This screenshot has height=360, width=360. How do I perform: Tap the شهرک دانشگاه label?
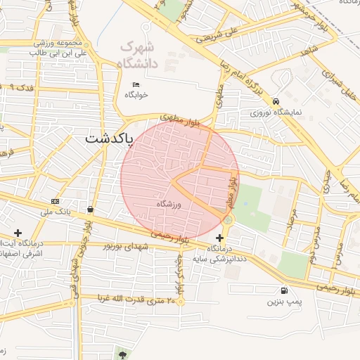pyautogui.click(x=146, y=56)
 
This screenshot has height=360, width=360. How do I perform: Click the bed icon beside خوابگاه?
pyautogui.click(x=136, y=84)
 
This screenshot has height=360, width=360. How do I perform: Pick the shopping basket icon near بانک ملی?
pyautogui.click(x=91, y=210)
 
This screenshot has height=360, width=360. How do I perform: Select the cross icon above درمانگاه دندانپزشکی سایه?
pyautogui.click(x=219, y=239)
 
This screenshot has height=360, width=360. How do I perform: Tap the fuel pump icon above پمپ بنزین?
pyautogui.click(x=283, y=290)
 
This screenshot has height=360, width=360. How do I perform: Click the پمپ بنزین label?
pyautogui.click(x=283, y=302)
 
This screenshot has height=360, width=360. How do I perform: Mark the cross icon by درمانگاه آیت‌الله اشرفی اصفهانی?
pyautogui.click(x=18, y=233)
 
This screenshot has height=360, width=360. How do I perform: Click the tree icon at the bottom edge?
pyautogui.click(x=124, y=354)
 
